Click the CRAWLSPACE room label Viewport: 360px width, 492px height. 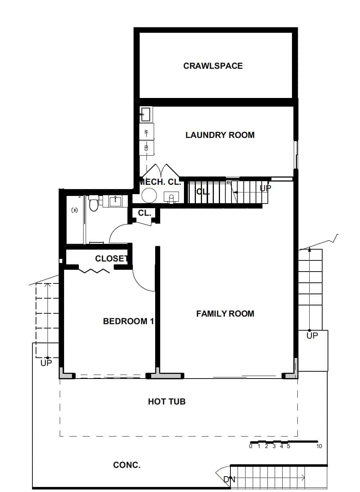213,66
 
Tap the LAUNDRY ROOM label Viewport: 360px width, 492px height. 220,135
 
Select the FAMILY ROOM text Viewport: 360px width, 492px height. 225,314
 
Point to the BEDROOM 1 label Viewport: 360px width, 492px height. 128,321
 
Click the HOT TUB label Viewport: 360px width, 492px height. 167,402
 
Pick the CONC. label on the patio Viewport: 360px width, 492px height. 127,465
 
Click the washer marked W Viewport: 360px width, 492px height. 147,132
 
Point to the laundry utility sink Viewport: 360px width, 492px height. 146,114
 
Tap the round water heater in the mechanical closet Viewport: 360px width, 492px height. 149,196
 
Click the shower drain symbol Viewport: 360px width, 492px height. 75,210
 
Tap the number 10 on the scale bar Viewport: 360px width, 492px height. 319,447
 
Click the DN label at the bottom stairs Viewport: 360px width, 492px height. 229,479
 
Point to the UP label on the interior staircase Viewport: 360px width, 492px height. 265,188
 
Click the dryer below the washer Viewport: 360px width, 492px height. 147,148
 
